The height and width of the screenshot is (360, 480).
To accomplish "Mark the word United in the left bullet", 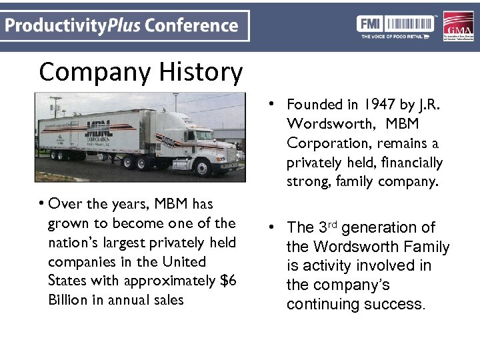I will (183, 261).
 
